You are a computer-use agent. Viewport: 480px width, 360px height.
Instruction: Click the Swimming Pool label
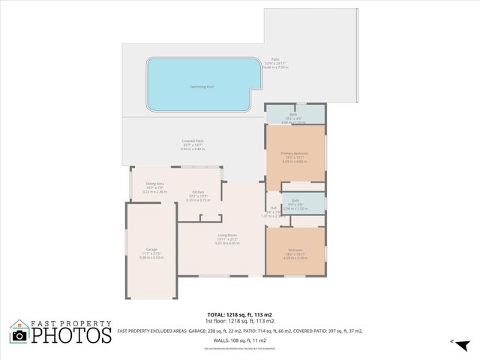coord(180,86)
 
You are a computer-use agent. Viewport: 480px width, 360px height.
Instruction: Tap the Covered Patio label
coord(193,141)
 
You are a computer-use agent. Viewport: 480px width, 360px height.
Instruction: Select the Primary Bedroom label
coord(295,153)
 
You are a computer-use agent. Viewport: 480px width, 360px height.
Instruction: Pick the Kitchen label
coord(199,192)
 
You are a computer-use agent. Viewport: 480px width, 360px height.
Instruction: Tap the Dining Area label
coord(155,184)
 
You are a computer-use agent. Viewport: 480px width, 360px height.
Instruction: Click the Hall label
coord(274,208)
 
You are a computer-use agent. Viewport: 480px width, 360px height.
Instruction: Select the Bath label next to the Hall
coord(295,201)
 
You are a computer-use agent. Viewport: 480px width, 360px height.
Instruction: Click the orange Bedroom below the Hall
coord(295,250)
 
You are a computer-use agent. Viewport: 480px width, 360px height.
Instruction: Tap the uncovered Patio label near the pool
coord(275,60)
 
